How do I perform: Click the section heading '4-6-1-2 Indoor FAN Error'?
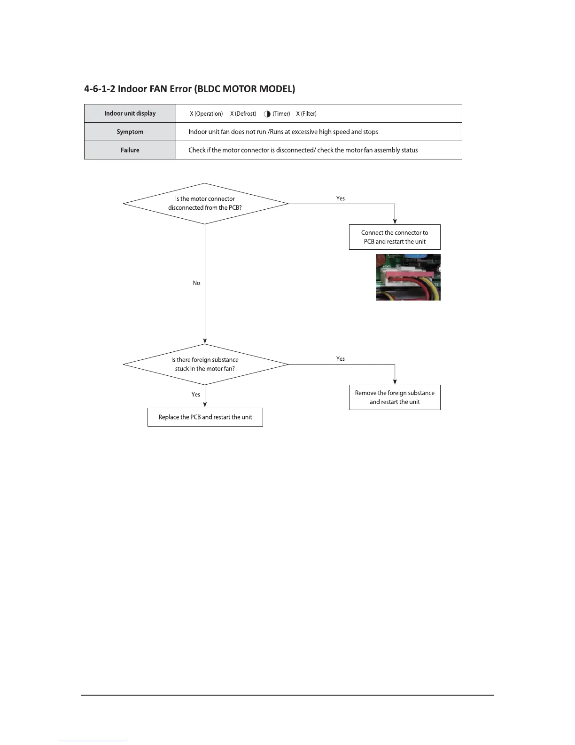pos(189,89)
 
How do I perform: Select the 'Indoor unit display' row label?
pos(130,113)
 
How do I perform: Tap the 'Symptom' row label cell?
pos(130,132)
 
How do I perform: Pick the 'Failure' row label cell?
pos(130,150)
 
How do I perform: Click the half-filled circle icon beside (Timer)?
pos(267,114)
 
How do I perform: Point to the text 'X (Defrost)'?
pos(243,114)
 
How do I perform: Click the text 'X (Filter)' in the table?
pos(306,114)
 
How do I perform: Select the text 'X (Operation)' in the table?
pos(206,114)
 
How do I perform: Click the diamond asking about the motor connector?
pos(205,203)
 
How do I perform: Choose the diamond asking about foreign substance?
pos(205,364)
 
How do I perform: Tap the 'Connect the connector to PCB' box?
pos(395,237)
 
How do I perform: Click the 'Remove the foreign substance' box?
pos(395,397)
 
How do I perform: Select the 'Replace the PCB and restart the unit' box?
pos(205,417)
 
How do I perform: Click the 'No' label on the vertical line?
pos(196,283)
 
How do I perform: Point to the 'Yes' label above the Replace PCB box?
pos(196,395)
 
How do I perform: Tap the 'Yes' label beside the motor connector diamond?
pos(341,198)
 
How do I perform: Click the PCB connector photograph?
pos(408,277)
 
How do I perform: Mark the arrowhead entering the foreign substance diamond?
pos(205,341)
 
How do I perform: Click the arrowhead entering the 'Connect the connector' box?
pos(395,222)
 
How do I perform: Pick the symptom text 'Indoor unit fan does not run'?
pos(227,132)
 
